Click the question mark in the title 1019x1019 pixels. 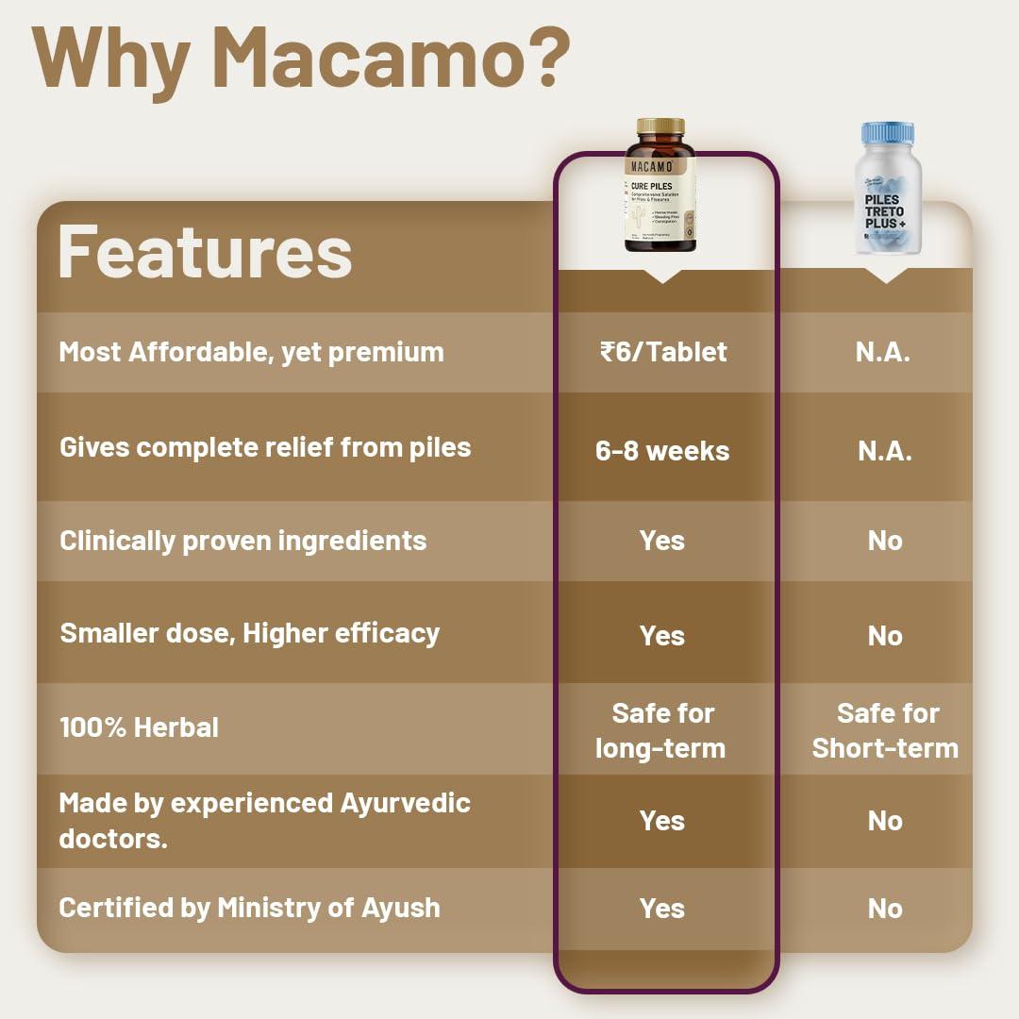[x=544, y=58]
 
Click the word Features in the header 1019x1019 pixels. [x=205, y=251]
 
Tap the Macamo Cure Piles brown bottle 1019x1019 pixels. [x=660, y=189]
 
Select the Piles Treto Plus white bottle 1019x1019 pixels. [x=887, y=192]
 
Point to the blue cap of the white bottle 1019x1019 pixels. [x=888, y=133]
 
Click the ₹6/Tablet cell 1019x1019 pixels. [x=663, y=352]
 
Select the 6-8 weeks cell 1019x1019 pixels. [x=662, y=450]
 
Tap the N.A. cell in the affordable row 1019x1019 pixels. [x=884, y=352]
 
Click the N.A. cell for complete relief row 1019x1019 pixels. [x=884, y=450]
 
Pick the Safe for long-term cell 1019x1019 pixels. [x=662, y=730]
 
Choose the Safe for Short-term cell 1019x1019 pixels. [x=885, y=730]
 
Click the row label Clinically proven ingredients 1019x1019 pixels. [x=242, y=541]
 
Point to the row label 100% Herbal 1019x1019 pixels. [x=139, y=727]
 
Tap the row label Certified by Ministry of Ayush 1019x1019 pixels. [x=249, y=908]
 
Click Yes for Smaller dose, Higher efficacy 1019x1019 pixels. [x=662, y=635]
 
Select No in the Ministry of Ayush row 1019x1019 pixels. [x=885, y=909]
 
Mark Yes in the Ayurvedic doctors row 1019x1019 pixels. [x=662, y=821]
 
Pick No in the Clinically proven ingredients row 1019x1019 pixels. [x=885, y=541]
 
